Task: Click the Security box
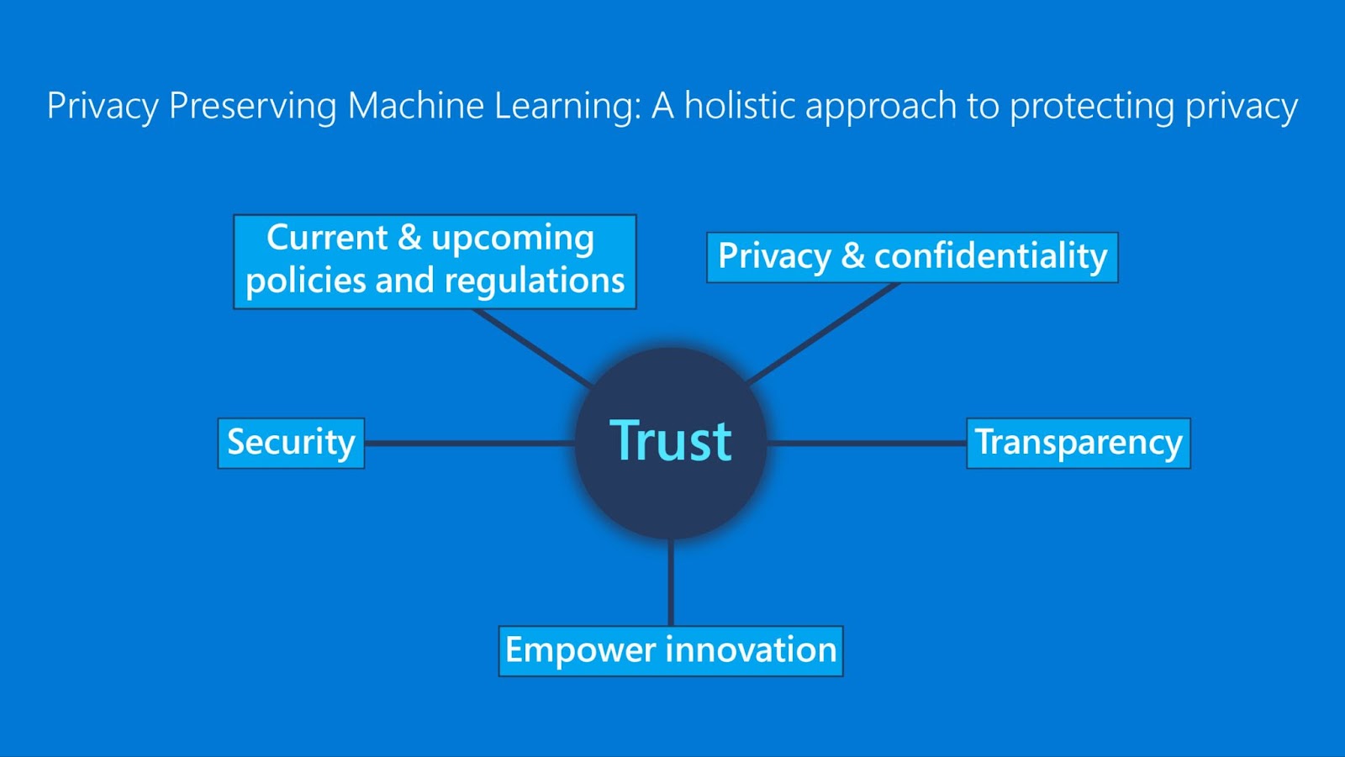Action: [291, 443]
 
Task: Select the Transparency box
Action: [1079, 443]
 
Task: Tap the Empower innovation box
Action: [671, 651]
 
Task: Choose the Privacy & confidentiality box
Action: [912, 257]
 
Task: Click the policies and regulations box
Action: [435, 261]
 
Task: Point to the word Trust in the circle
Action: [671, 441]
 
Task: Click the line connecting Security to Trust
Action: [469, 443]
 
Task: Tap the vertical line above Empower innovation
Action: [671, 582]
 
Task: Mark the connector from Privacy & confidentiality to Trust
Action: [824, 333]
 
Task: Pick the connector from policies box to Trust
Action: [534, 347]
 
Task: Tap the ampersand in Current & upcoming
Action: [409, 238]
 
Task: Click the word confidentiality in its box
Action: [991, 256]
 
